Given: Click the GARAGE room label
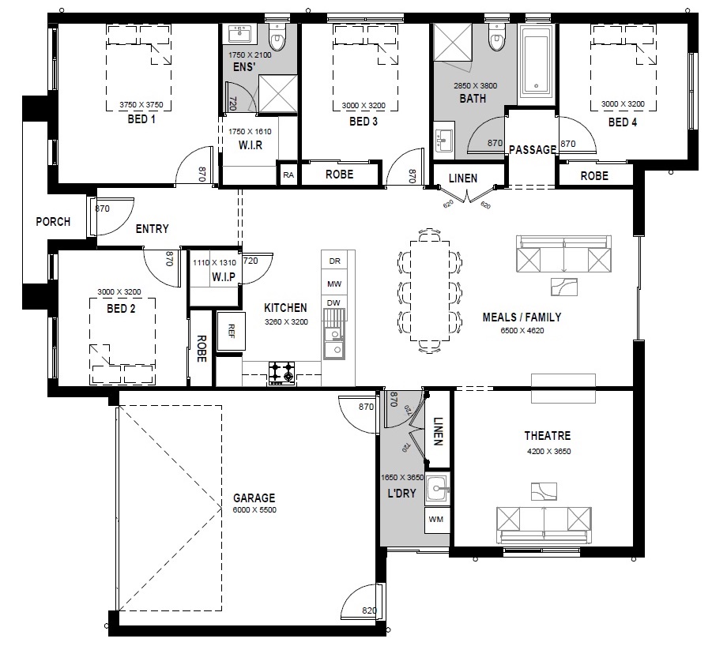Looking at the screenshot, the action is click(254, 498).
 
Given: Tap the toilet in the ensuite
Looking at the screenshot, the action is click(277, 37).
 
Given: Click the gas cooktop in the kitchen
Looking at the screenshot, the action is click(281, 373).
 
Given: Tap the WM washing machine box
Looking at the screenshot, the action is click(436, 520).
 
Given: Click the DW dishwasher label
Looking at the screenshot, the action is click(333, 303).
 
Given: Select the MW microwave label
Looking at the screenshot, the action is click(334, 284).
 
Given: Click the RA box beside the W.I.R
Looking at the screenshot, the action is click(288, 175).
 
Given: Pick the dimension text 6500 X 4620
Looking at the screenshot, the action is click(522, 331).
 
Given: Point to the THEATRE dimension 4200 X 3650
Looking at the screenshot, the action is click(548, 452).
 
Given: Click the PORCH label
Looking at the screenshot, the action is click(53, 222).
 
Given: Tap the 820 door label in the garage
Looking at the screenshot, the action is click(369, 610).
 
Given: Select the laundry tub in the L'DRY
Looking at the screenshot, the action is click(438, 489).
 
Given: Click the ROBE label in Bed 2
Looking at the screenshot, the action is click(202, 348).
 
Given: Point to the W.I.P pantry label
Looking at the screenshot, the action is click(224, 276).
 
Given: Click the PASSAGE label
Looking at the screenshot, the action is click(533, 150).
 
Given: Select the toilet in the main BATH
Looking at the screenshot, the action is click(496, 37).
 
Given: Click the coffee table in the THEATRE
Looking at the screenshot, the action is click(544, 491).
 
